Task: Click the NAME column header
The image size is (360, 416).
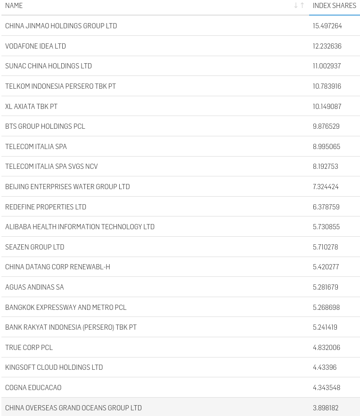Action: click(14, 6)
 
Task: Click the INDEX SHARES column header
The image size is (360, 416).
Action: click(334, 6)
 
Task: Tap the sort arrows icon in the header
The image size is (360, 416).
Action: click(299, 6)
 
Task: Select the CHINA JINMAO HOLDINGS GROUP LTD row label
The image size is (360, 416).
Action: click(61, 26)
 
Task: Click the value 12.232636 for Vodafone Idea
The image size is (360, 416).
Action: click(327, 46)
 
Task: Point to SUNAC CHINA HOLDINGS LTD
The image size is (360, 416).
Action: click(49, 66)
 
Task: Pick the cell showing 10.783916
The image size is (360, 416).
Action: click(327, 86)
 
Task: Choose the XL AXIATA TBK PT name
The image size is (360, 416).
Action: click(31, 107)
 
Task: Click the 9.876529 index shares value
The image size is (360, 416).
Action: click(326, 126)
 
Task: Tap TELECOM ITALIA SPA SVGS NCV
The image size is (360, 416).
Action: click(51, 166)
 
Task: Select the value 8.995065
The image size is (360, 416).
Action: click(326, 147)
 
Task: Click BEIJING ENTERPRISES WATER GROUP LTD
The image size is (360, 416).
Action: click(67, 187)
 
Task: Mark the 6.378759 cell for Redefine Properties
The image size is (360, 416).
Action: click(326, 207)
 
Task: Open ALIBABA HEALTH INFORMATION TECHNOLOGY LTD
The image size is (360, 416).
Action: click(80, 227)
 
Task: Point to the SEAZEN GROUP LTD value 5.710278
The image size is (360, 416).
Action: click(325, 247)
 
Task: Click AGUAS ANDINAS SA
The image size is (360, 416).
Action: click(34, 287)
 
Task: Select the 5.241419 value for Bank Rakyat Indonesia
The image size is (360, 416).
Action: click(325, 327)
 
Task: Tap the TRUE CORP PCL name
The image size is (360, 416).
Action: click(29, 348)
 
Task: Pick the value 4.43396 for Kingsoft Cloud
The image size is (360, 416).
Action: click(325, 367)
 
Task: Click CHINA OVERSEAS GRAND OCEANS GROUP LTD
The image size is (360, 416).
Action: click(74, 408)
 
